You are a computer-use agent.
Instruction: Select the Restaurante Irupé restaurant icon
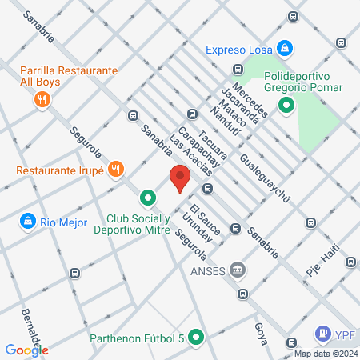pos(117,169)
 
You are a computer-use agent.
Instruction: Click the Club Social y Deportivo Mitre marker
pos(147,197)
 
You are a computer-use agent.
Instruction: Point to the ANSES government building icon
pos(237,270)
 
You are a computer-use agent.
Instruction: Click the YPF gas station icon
pos(322,333)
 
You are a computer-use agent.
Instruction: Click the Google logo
pos(26,350)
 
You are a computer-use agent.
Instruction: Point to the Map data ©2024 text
pos(326,354)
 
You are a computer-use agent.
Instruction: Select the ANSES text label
pos(203,270)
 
